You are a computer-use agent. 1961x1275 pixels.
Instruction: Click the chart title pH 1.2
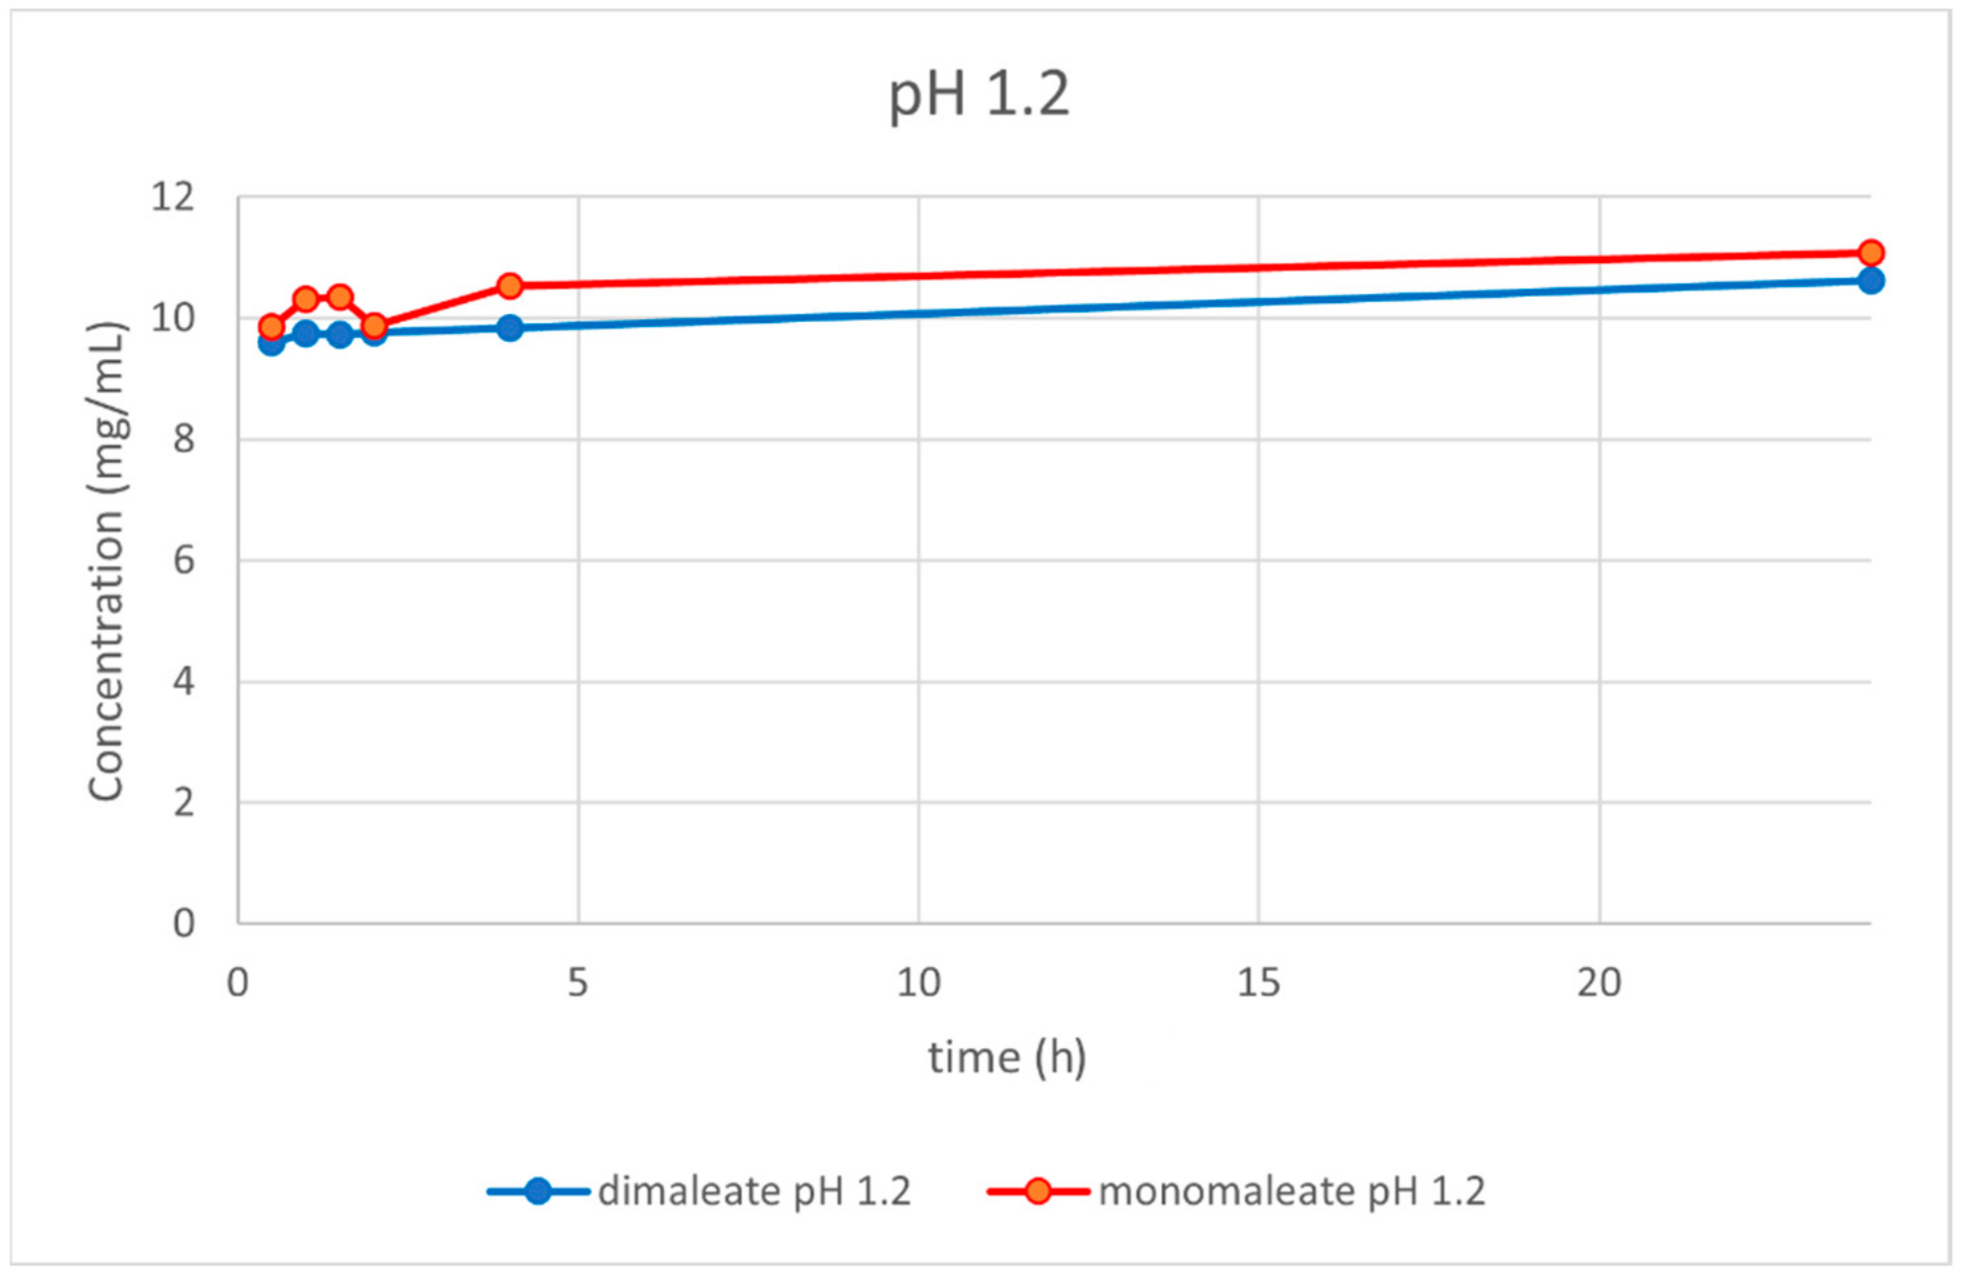pos(979,96)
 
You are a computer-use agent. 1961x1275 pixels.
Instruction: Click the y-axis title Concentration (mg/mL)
pos(107,561)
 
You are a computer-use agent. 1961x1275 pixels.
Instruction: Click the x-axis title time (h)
pos(1007,1057)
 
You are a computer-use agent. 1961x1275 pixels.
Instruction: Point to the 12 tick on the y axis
pos(173,197)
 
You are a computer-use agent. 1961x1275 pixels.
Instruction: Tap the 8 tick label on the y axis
pos(184,439)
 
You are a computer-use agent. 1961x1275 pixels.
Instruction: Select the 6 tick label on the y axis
pos(184,561)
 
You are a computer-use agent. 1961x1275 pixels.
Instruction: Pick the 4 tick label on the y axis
pos(184,682)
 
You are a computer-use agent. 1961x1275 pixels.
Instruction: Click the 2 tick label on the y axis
pos(184,802)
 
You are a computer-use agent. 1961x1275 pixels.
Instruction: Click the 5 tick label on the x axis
pos(578,983)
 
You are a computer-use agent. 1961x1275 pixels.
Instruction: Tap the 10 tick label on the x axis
pos(918,983)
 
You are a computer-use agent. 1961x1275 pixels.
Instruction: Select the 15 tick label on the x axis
pos(1258,983)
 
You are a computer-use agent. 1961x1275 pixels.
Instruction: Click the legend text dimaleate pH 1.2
pos(754,1191)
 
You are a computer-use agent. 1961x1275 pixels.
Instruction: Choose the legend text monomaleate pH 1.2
pos(1292,1191)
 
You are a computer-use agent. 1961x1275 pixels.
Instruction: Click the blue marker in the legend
pos(538,1191)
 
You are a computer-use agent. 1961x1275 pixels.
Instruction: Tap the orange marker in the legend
pos(1038,1191)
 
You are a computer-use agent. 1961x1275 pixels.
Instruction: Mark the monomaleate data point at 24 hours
pos(1870,252)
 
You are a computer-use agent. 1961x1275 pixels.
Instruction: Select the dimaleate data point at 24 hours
pos(1870,281)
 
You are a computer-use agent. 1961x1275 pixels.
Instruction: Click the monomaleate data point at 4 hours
pos(510,286)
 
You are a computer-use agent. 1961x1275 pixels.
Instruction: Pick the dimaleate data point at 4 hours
pos(510,328)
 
